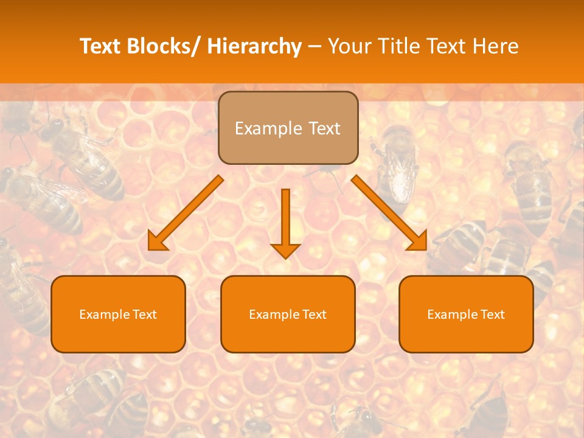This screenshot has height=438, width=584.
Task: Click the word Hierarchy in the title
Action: point(254,46)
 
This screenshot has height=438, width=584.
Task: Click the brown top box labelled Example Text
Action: point(288,128)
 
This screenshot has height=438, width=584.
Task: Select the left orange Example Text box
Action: point(118,314)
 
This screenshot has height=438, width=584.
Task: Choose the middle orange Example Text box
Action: point(288,314)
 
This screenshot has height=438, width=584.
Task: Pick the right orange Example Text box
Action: point(466,314)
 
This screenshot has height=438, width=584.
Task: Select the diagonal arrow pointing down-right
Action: point(389,213)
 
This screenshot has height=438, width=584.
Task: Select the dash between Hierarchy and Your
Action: point(315,47)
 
